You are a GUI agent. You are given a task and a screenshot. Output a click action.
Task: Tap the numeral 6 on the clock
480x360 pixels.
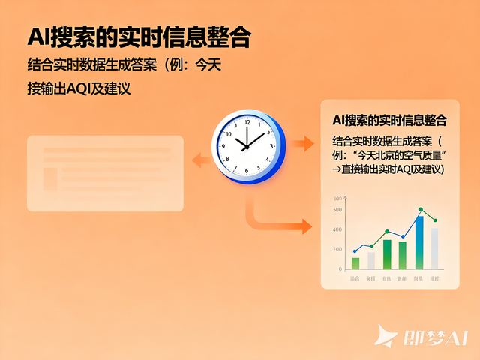[244, 170]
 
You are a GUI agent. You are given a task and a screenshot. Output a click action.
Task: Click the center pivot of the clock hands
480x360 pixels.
[244, 145]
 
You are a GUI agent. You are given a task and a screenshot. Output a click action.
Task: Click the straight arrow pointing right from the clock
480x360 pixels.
[303, 143]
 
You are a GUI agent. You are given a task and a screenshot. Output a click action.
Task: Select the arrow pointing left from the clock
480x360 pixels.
[199, 158]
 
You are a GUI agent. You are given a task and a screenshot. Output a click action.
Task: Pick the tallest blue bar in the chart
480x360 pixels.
[419, 241]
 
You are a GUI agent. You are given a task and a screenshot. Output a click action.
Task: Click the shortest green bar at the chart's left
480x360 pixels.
[355, 262]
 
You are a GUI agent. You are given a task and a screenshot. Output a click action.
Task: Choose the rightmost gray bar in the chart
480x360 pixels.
[434, 248]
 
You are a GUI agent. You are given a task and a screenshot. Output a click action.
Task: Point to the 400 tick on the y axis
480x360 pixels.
[337, 229]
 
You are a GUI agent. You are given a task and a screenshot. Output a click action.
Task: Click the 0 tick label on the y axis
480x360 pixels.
[340, 268]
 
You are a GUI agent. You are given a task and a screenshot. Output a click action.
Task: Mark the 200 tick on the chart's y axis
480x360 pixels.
[337, 249]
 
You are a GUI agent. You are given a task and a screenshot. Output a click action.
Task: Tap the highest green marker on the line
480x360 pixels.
[420, 210]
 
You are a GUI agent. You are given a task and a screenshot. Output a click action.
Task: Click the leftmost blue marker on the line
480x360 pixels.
[355, 251]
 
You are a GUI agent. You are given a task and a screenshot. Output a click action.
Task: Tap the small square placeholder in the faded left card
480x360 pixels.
[51, 178]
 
